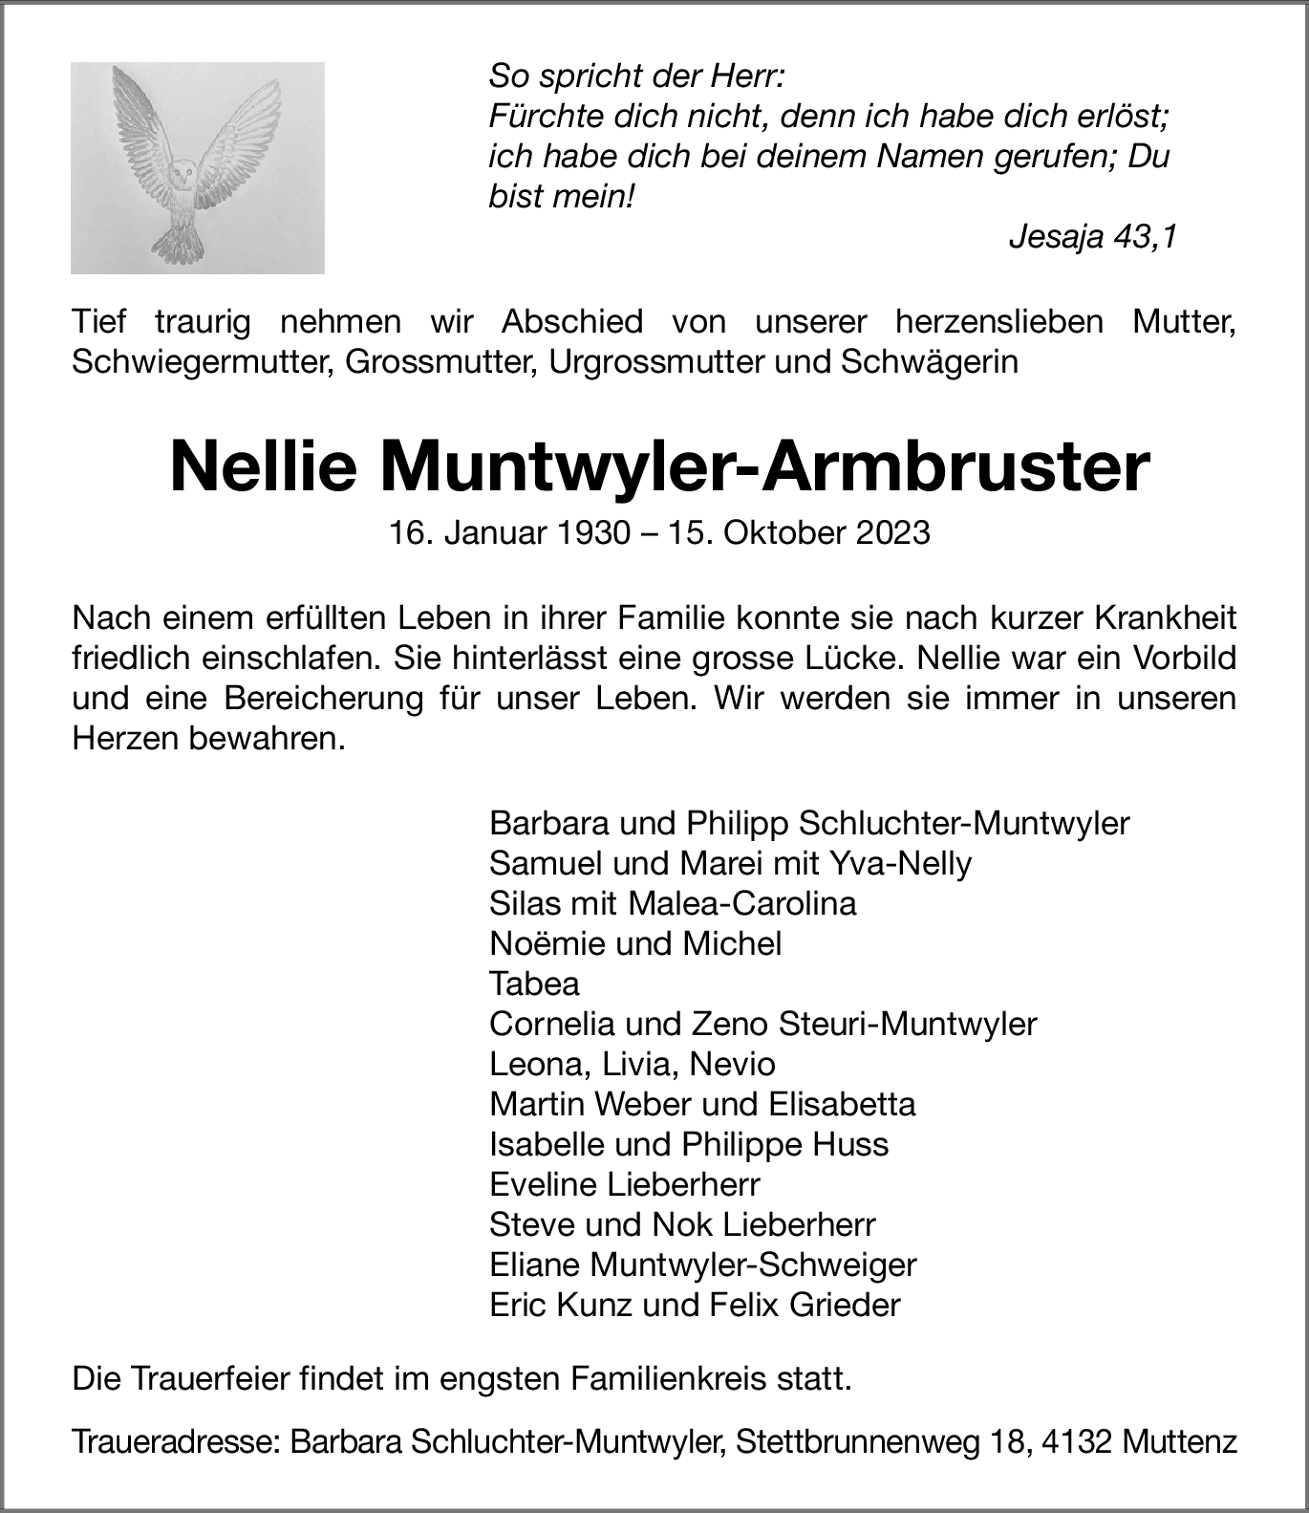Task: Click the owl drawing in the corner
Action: (197, 167)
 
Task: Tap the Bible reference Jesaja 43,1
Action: (1092, 237)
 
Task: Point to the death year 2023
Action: (892, 532)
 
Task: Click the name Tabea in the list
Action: (534, 983)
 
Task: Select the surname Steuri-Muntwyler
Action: (908, 1024)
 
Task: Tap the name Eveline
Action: (541, 1184)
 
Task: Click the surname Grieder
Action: (845, 1305)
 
